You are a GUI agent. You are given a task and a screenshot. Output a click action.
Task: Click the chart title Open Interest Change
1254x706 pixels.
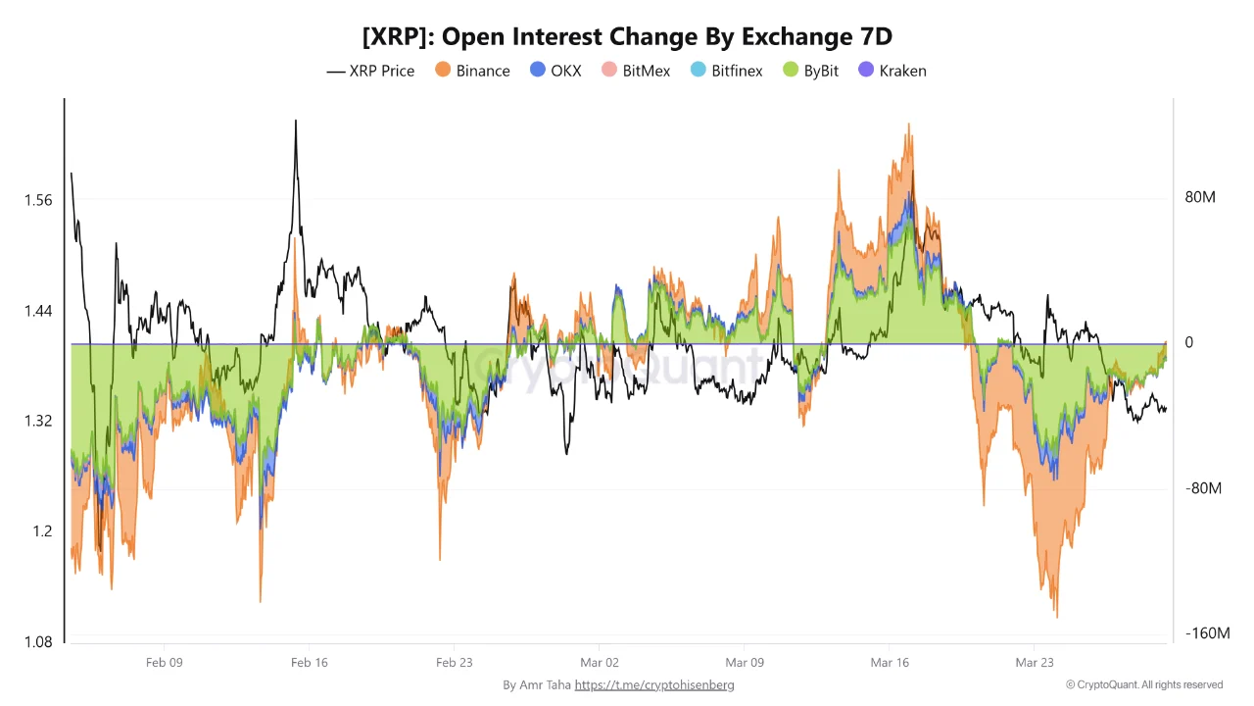click(x=627, y=36)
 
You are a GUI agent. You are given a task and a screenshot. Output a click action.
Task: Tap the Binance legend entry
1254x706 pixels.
click(x=472, y=71)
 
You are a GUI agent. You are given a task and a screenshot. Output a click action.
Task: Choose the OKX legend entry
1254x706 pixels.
click(x=555, y=71)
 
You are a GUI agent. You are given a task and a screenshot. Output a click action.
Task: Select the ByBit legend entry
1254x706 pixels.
click(x=811, y=71)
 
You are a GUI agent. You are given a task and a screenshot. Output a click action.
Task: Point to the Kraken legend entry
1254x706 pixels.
click(x=892, y=71)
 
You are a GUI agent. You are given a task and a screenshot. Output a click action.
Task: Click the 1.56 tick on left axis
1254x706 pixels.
click(x=37, y=200)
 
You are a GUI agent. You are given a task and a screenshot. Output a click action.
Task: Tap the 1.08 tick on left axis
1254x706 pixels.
click(x=37, y=642)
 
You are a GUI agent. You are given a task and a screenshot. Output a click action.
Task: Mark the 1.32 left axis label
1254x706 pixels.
click(x=37, y=421)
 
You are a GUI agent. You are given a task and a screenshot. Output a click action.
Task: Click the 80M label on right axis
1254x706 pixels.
click(x=1200, y=197)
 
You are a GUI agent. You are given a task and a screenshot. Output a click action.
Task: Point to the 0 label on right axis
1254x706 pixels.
click(x=1189, y=342)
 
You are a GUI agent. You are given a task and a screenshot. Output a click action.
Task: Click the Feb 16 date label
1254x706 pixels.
click(x=310, y=663)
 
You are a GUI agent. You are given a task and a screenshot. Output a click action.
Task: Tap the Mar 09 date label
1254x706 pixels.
click(x=745, y=663)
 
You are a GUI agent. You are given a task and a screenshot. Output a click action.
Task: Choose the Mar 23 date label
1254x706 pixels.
click(x=1035, y=663)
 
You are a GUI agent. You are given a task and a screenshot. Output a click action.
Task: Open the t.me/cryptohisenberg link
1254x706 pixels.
click(x=654, y=685)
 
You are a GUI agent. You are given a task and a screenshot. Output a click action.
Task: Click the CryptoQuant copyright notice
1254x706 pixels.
click(x=1144, y=684)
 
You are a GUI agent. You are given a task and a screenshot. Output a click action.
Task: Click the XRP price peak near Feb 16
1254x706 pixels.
click(x=295, y=122)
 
